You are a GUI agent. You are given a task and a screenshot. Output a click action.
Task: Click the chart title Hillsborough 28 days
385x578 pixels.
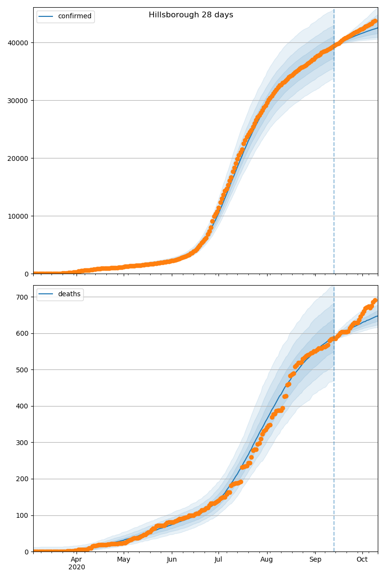click(191, 15)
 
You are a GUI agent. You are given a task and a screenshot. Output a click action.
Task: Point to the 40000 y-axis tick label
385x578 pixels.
click(19, 43)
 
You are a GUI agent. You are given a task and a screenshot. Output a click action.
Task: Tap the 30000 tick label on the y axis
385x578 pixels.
click(19, 101)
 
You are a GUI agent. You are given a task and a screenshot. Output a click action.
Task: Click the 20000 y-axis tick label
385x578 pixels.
click(19, 158)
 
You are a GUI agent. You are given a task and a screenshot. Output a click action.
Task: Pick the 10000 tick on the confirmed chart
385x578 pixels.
click(19, 216)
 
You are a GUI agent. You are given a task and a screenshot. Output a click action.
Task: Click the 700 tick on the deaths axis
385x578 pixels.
click(23, 297)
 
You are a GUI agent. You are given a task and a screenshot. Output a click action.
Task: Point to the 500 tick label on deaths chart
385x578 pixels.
click(23, 370)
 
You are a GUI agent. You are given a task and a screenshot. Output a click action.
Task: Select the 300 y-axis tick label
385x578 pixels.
click(23, 443)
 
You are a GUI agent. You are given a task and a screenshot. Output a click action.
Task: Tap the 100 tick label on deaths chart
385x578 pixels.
click(23, 515)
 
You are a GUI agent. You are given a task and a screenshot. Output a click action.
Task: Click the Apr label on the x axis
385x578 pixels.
click(77, 560)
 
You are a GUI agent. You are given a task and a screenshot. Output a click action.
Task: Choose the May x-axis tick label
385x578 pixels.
click(124, 560)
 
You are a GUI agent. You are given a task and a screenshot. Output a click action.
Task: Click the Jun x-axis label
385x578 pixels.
click(172, 560)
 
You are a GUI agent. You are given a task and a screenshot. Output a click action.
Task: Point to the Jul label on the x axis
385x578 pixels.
click(218, 560)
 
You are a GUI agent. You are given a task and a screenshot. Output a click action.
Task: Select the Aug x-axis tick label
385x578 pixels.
click(267, 560)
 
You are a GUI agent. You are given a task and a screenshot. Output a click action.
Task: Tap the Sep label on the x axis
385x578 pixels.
click(315, 560)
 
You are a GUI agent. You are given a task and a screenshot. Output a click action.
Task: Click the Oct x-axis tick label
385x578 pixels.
click(362, 560)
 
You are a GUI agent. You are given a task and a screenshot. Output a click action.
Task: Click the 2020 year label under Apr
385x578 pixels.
click(77, 567)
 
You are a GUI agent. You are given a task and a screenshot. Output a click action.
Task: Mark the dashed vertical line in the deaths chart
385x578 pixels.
click(334, 433)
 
